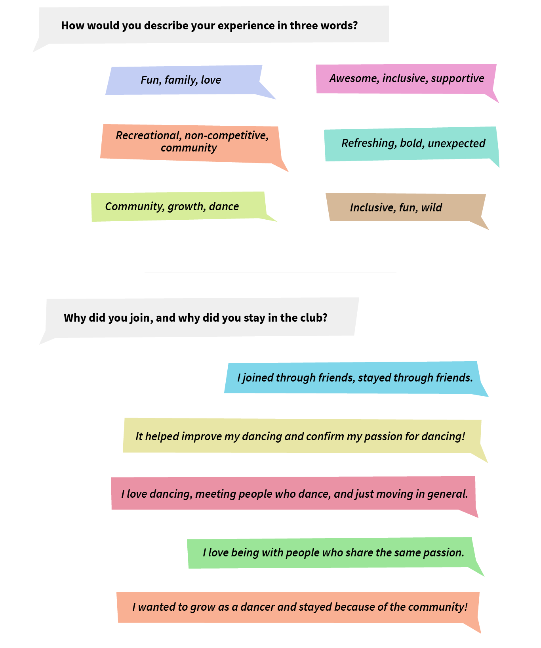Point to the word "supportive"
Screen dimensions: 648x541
coord(457,79)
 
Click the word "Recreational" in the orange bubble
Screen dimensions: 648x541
coord(148,136)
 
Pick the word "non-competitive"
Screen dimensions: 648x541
coord(227,136)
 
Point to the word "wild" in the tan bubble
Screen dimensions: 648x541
coord(431,208)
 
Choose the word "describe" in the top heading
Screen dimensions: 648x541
coord(166,26)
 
